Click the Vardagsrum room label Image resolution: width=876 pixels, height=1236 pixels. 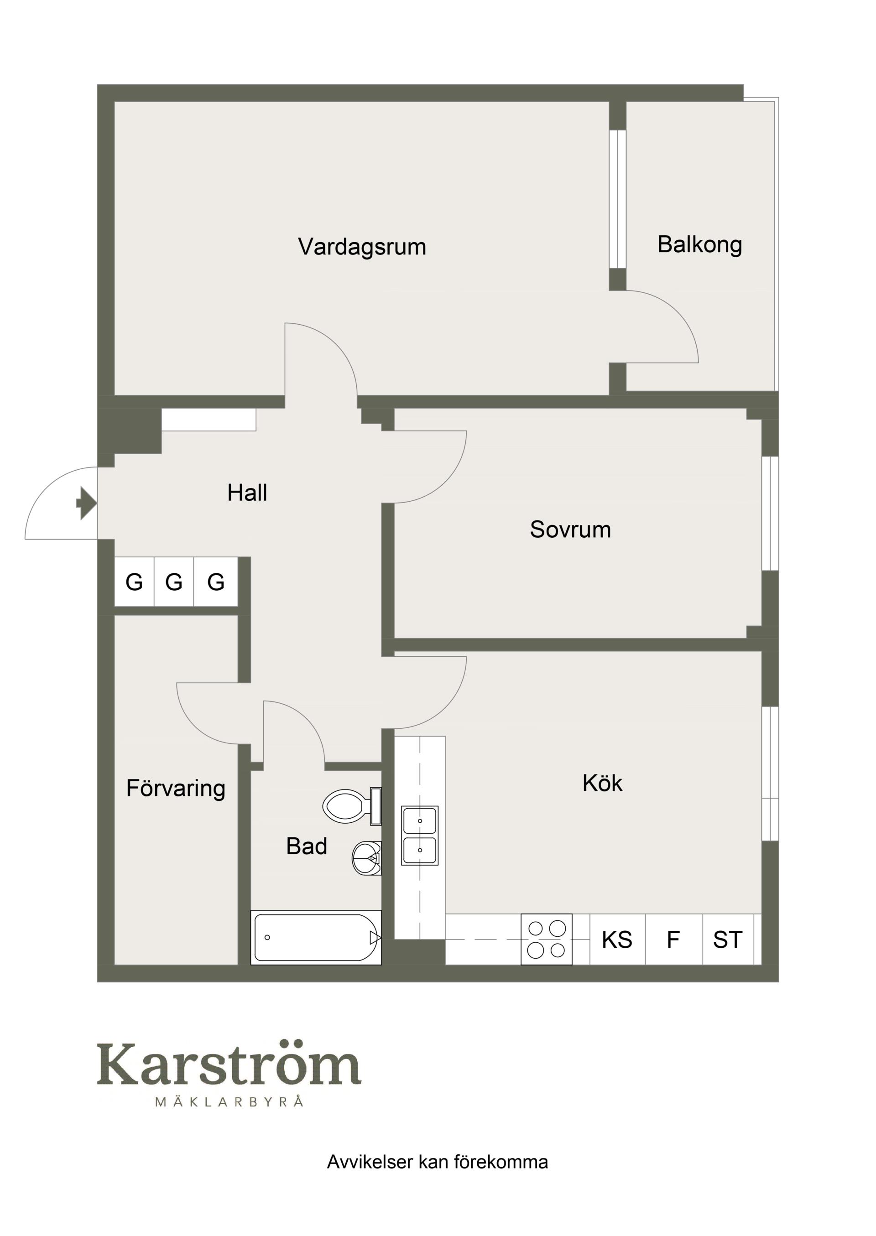pyautogui.click(x=362, y=247)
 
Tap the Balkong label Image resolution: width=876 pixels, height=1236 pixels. pyautogui.click(x=699, y=245)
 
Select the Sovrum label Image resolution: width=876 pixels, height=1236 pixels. pyautogui.click(x=570, y=530)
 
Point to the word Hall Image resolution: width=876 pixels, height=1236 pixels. pyautogui.click(x=247, y=493)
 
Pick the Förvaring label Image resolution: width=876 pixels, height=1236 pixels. pyautogui.click(x=176, y=789)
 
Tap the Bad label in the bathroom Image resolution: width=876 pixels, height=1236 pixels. pyautogui.click(x=307, y=846)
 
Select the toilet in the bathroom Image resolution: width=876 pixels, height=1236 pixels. pyautogui.click(x=352, y=806)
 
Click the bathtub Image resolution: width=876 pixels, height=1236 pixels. pyautogui.click(x=316, y=938)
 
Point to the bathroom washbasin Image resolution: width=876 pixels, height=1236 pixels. pyautogui.click(x=366, y=858)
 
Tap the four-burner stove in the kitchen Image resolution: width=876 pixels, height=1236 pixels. pyautogui.click(x=547, y=940)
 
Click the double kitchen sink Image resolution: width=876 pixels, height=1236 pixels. pyautogui.click(x=420, y=835)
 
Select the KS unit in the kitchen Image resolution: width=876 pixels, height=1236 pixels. pyautogui.click(x=617, y=940)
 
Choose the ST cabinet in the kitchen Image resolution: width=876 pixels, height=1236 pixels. pyautogui.click(x=728, y=940)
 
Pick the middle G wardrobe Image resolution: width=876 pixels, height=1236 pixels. pyautogui.click(x=174, y=582)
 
